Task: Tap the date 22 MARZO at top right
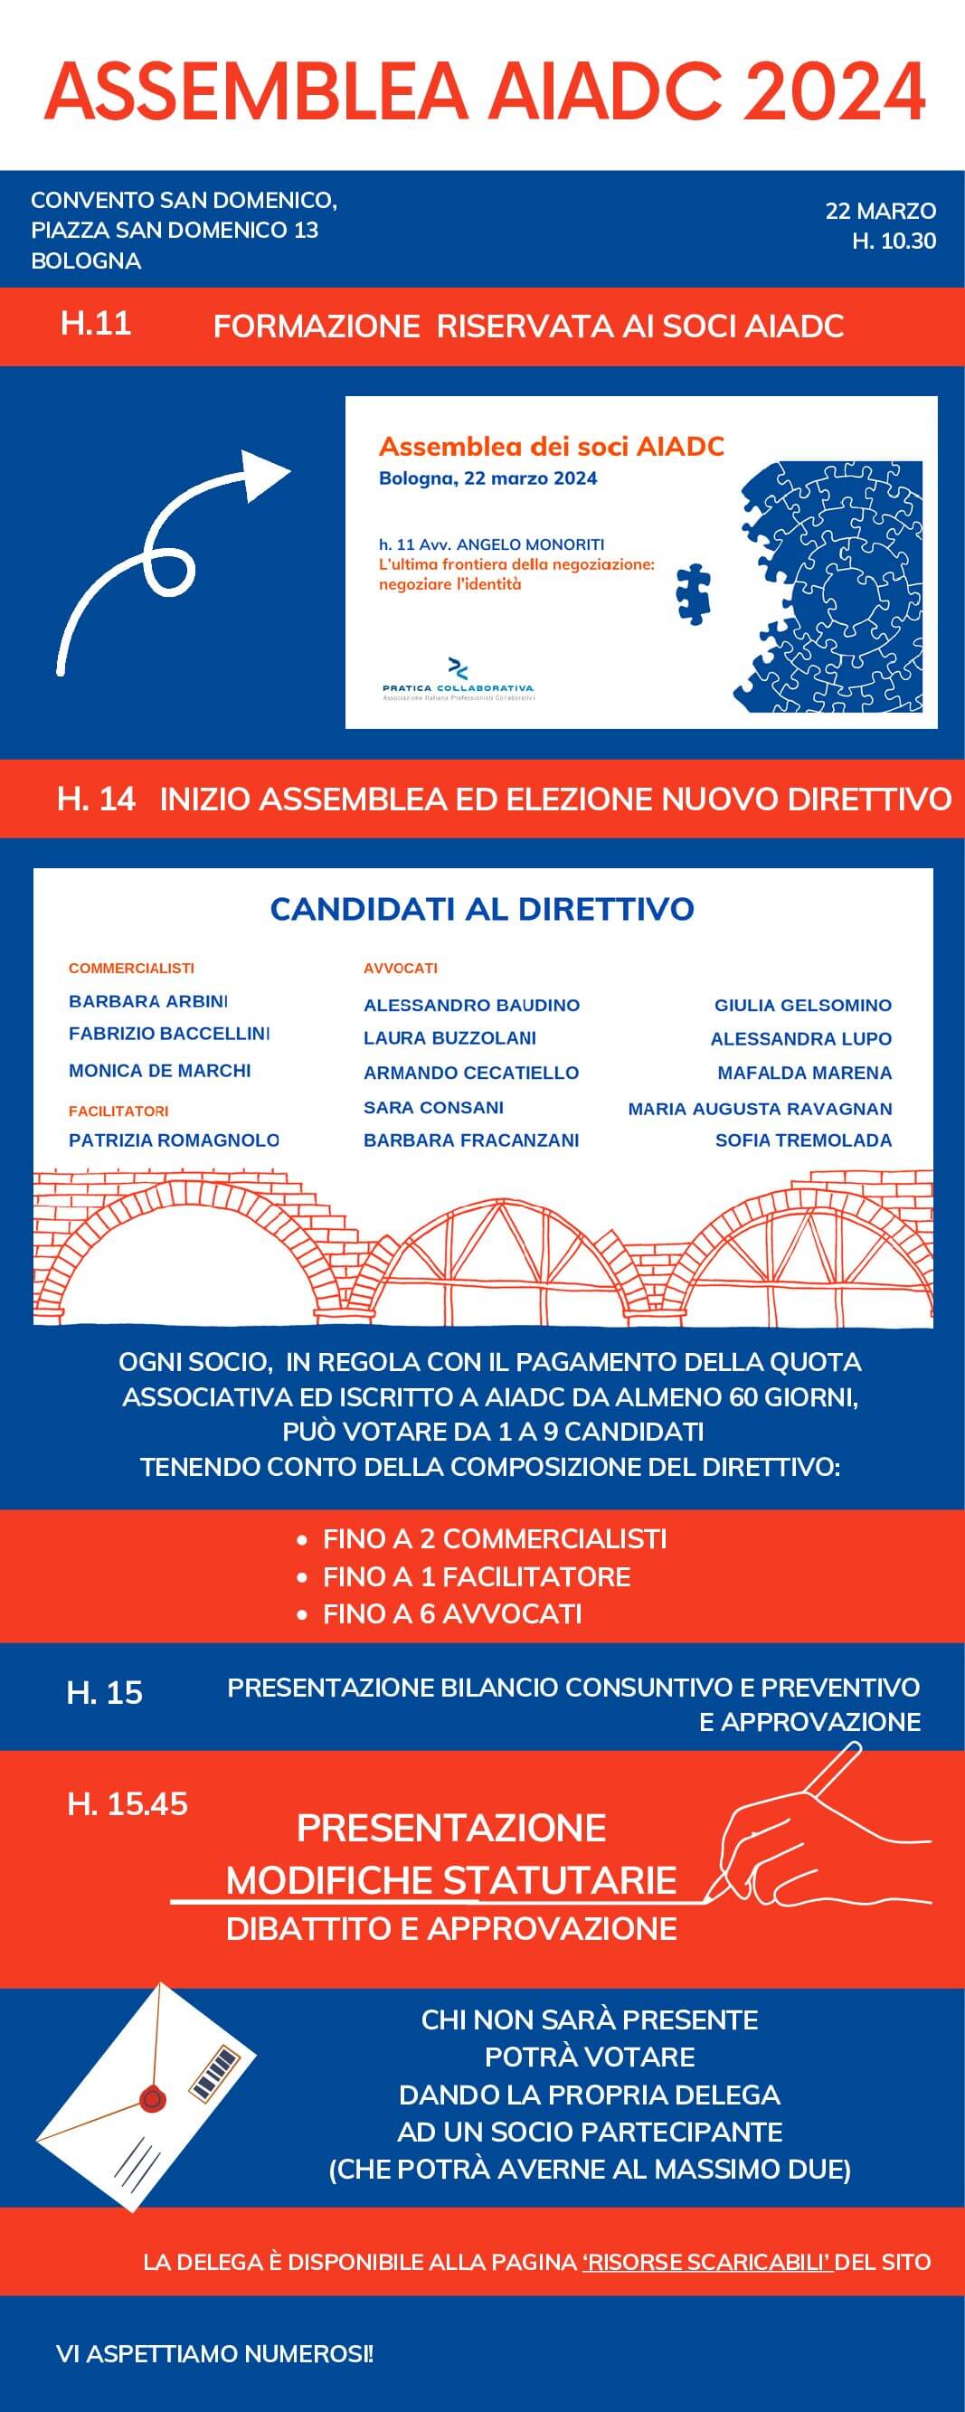pyautogui.click(x=880, y=211)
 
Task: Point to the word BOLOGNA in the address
pyautogui.click(x=86, y=261)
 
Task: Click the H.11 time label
pyautogui.click(x=96, y=324)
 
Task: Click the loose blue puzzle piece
pyautogui.click(x=694, y=593)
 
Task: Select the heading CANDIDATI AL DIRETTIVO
pyautogui.click(x=482, y=909)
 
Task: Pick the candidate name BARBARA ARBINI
pyautogui.click(x=148, y=1001)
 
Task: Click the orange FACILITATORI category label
pyautogui.click(x=118, y=1111)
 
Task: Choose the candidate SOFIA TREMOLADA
pyautogui.click(x=803, y=1140)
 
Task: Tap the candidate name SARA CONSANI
pyautogui.click(x=433, y=1107)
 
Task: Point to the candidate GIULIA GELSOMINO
pyautogui.click(x=802, y=1006)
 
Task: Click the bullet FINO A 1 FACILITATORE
pyautogui.click(x=476, y=1576)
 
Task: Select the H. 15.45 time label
pyautogui.click(x=128, y=1804)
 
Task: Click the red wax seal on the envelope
pyautogui.click(x=152, y=2100)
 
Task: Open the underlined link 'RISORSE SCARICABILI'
pyautogui.click(x=706, y=2262)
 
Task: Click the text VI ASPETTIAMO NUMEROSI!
pyautogui.click(x=214, y=2353)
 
